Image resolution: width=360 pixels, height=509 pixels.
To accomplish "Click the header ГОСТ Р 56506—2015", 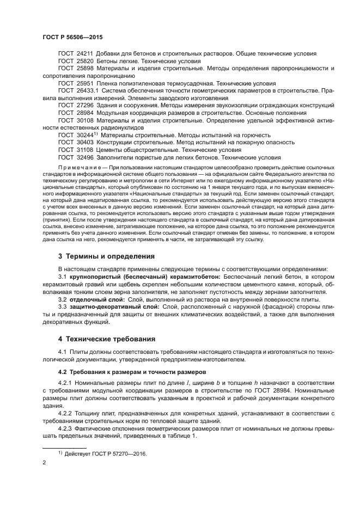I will point(72,38).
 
